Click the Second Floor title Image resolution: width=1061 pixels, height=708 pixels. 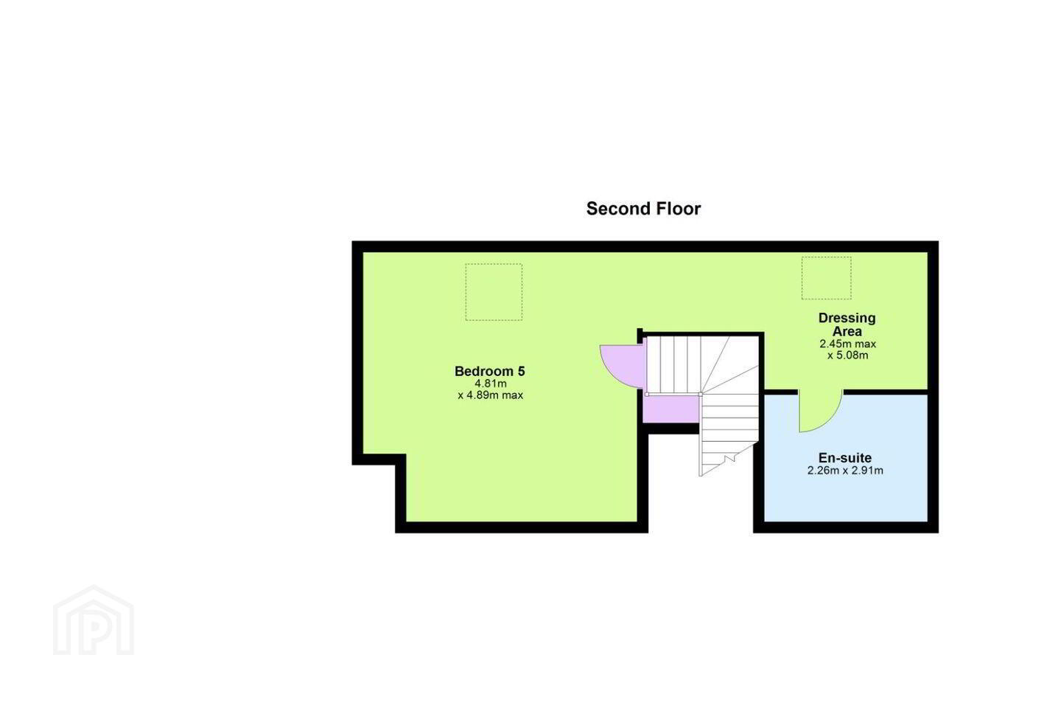tap(643, 209)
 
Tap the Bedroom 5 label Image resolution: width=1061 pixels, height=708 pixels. tap(490, 371)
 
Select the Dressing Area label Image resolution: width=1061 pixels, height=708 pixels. tap(847, 324)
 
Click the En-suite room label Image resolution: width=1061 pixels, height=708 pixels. tap(845, 457)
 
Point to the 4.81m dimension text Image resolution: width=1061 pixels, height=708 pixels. tap(491, 383)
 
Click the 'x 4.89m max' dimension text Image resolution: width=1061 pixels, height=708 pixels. tap(490, 395)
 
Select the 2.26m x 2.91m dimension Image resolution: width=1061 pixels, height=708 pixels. tap(845, 471)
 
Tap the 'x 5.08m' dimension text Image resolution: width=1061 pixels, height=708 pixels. tap(847, 355)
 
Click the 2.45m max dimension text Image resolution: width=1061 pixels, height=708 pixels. tap(847, 344)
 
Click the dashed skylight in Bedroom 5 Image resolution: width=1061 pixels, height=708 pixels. tap(494, 292)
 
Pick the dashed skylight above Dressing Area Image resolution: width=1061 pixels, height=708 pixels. tap(826, 278)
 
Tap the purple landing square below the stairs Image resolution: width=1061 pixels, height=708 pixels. tap(670, 409)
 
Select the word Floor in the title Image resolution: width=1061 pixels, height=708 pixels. tap(679, 209)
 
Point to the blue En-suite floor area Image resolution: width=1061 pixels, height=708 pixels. tap(846, 493)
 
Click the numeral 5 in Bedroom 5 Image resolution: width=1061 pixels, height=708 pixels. tap(521, 371)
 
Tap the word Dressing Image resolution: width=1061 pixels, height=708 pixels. tap(847, 318)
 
